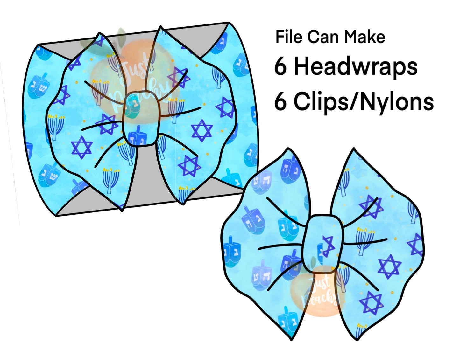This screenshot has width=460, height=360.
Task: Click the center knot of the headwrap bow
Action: tap(141, 118)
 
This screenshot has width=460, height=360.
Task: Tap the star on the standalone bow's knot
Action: tap(328, 246)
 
